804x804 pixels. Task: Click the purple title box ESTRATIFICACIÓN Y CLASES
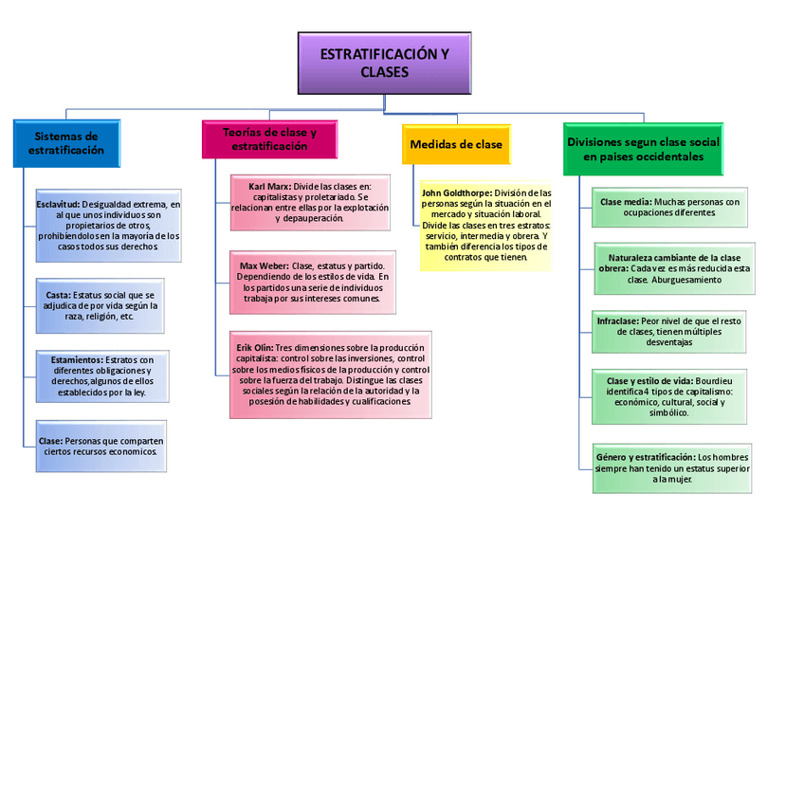[384, 64]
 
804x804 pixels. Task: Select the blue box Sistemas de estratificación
[66, 143]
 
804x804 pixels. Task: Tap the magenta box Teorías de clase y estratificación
[269, 139]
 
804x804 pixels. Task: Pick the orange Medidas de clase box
[456, 144]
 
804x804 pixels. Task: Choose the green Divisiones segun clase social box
[643, 149]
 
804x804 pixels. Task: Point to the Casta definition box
[100, 305]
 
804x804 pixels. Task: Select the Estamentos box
[101, 375]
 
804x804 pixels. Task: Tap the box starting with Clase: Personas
[101, 446]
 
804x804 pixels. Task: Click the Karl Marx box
[310, 202]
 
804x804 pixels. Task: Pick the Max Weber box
[312, 282]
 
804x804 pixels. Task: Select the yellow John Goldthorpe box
[485, 225]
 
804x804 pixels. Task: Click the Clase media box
[669, 207]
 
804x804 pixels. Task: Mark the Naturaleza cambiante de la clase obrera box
[674, 268]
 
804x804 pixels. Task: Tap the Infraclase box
[669, 331]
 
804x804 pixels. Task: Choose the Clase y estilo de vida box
[669, 395]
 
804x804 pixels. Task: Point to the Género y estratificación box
[672, 467]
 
